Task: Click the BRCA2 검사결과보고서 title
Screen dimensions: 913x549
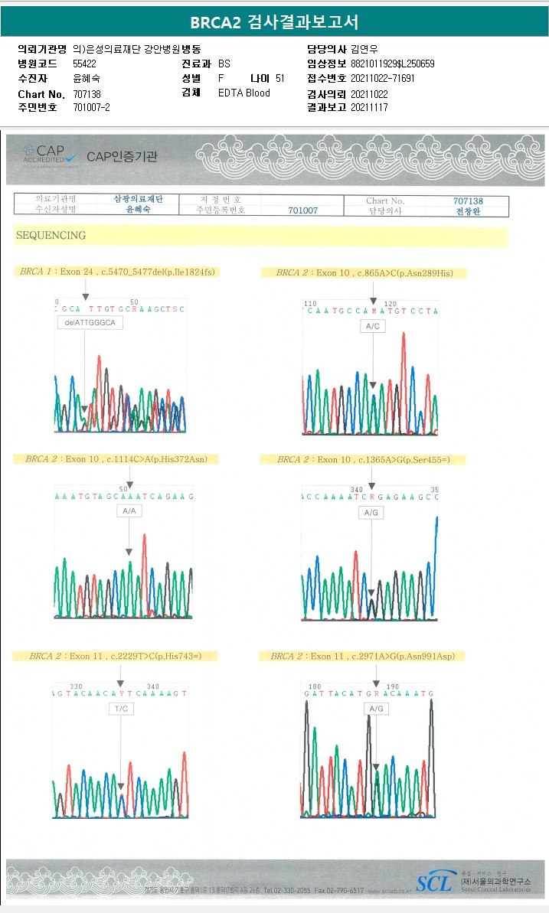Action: click(274, 21)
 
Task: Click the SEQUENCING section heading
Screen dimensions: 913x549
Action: click(51, 236)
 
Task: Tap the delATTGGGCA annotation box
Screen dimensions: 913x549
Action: click(90, 323)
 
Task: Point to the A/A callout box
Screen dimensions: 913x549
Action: click(129, 510)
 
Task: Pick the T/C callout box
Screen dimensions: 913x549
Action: click(121, 709)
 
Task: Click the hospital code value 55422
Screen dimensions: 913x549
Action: click(84, 64)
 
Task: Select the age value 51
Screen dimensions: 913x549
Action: click(279, 78)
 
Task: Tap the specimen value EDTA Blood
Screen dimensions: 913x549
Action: click(243, 93)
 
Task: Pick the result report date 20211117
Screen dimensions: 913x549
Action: click(369, 108)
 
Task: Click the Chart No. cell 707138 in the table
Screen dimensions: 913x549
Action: click(468, 201)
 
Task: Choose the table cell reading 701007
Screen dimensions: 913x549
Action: click(302, 210)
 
